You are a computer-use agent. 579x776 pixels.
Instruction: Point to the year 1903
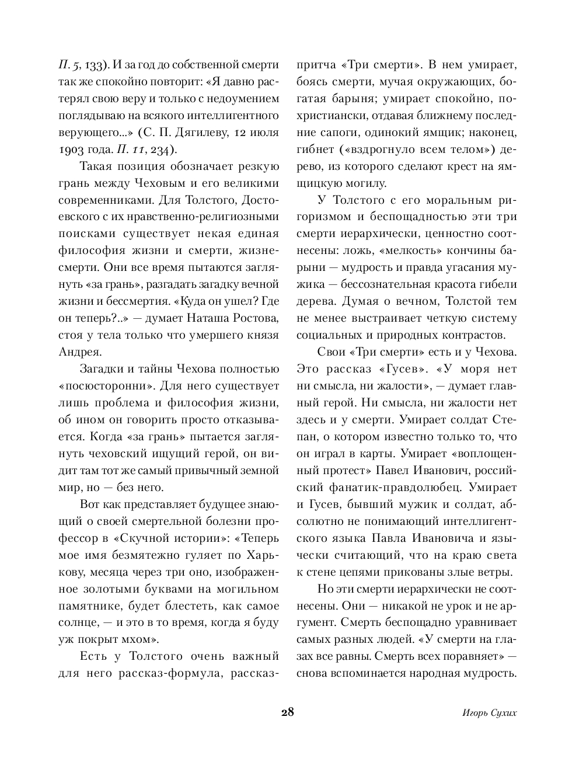71,149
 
